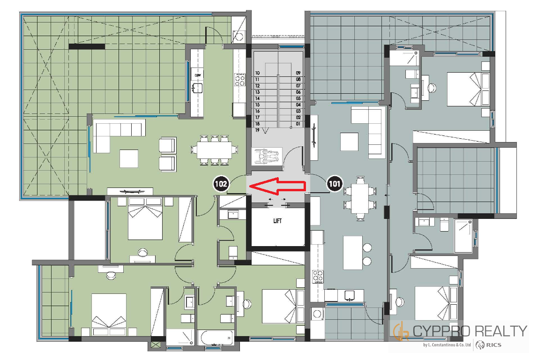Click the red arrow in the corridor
tap(277, 186)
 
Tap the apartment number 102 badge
tap(221, 184)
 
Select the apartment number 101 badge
tap(335, 184)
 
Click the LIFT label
tap(277, 221)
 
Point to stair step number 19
tap(257, 130)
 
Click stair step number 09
tap(298, 73)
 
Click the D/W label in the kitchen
tap(198, 75)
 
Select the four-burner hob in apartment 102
tap(239, 79)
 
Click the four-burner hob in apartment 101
tap(318, 277)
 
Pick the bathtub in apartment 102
tap(217, 338)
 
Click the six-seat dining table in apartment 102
tap(214, 150)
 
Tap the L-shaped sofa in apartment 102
tap(118, 135)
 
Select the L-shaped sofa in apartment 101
tap(369, 130)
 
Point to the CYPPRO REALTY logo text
tap(469, 331)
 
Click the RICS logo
tap(489, 345)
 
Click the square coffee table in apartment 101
tap(349, 142)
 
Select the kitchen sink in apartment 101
tap(350, 295)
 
